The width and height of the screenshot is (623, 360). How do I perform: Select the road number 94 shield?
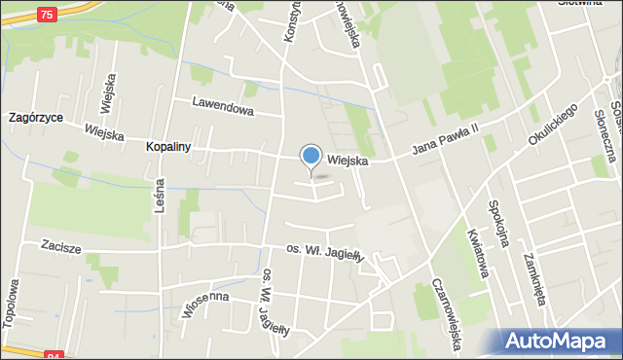click(x=54, y=354)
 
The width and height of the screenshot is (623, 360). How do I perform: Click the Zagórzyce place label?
click(x=34, y=117)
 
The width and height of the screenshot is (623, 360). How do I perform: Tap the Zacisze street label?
click(x=60, y=248)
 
